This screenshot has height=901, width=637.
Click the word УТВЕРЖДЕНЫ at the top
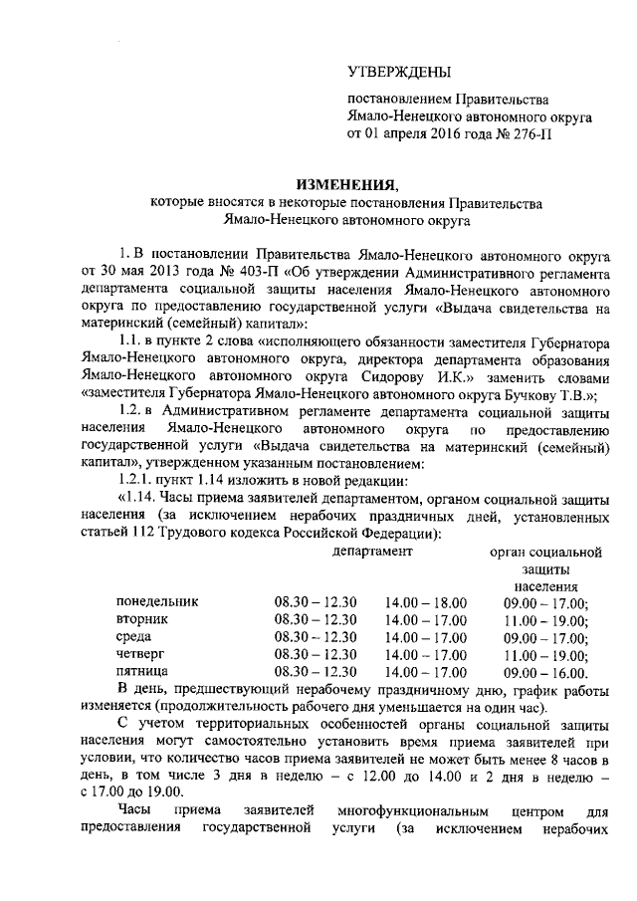[398, 72]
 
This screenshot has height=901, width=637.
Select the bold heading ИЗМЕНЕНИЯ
[346, 184]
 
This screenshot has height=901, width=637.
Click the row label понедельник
[157, 601]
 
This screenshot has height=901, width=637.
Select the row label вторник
[141, 619]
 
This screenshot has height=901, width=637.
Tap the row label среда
[134, 637]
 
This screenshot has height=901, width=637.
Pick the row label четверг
[141, 655]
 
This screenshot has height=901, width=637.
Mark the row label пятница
[143, 673]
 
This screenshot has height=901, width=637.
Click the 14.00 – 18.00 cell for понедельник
[425, 601]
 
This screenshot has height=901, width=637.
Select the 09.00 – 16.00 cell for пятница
[546, 673]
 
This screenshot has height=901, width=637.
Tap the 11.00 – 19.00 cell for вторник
[546, 619]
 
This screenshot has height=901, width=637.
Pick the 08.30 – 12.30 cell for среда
[316, 637]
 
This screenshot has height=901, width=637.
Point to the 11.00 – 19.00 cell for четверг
[546, 655]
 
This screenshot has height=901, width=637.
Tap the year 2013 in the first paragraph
[168, 270]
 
